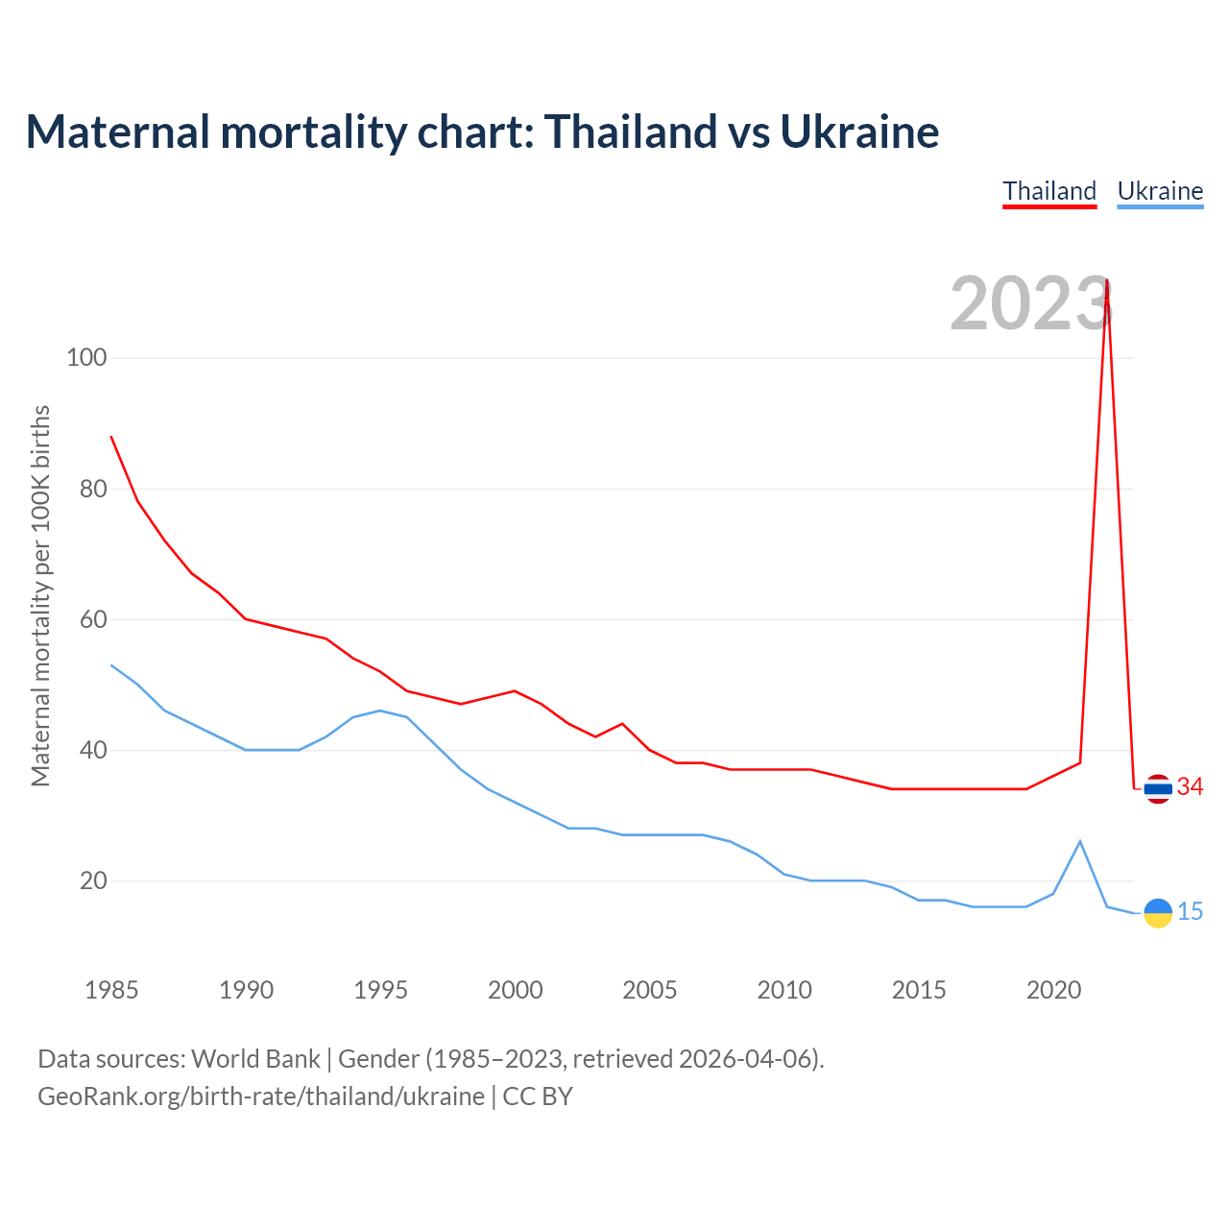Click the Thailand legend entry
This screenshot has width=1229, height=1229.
(x=1049, y=191)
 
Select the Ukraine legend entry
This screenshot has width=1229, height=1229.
(x=1160, y=191)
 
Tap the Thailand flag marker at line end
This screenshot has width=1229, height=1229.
(x=1158, y=788)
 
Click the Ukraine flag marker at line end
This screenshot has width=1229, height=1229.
(x=1158, y=912)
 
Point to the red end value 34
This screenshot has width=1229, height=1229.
(x=1191, y=787)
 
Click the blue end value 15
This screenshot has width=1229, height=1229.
(x=1191, y=911)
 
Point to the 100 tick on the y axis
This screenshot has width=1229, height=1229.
(x=86, y=358)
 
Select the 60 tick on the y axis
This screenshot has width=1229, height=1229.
(x=93, y=619)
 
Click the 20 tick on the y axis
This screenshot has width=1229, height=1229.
(x=93, y=880)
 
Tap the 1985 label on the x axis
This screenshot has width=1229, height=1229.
(x=111, y=990)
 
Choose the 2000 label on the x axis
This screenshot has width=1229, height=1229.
(x=515, y=990)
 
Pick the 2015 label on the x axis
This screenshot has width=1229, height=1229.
(x=919, y=990)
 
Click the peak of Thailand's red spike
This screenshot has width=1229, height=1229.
(x=1107, y=280)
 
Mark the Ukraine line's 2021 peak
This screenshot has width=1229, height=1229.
(x=1080, y=841)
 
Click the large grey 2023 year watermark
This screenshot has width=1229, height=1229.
(x=1029, y=303)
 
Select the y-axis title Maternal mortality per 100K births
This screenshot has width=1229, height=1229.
(x=40, y=595)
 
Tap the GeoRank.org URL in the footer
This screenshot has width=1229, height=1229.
(x=261, y=1096)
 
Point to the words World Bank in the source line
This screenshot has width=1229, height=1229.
(x=255, y=1058)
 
